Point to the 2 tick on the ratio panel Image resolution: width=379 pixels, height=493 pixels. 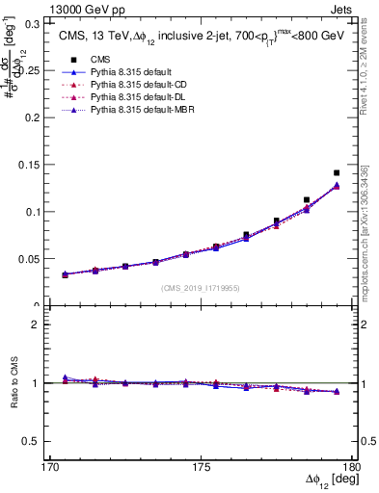click(35, 324)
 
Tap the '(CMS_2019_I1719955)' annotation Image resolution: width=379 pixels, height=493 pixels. click(200, 287)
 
